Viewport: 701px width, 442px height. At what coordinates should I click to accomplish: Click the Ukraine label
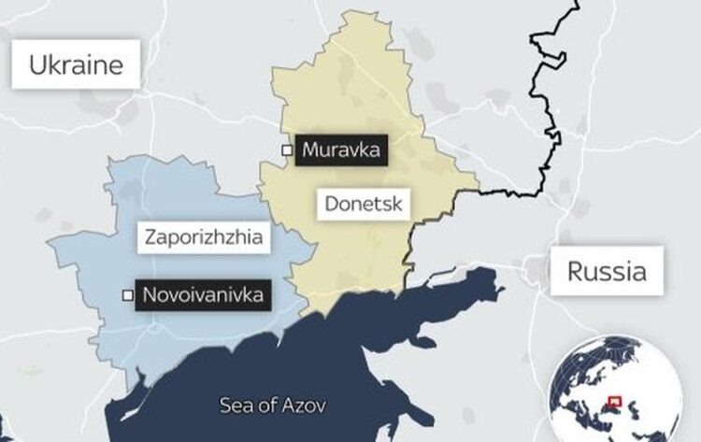point(76,64)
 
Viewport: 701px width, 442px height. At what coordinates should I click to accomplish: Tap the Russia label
point(607,272)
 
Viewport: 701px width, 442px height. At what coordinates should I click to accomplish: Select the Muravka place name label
point(340,150)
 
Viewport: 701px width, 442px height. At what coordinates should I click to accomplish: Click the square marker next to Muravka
point(287,150)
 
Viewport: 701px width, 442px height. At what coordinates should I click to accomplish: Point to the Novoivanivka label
point(203,296)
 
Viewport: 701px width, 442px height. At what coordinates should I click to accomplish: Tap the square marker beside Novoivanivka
point(128,296)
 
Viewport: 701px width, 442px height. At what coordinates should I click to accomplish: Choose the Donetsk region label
point(363,203)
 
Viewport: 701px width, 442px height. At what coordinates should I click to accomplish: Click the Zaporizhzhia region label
point(204,237)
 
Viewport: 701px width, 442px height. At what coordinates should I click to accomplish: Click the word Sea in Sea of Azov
point(236,406)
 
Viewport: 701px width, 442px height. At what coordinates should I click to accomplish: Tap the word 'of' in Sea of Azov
point(267,406)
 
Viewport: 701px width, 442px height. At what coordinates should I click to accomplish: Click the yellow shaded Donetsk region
point(355,93)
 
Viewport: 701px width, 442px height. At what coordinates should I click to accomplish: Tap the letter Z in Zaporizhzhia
point(150,237)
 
